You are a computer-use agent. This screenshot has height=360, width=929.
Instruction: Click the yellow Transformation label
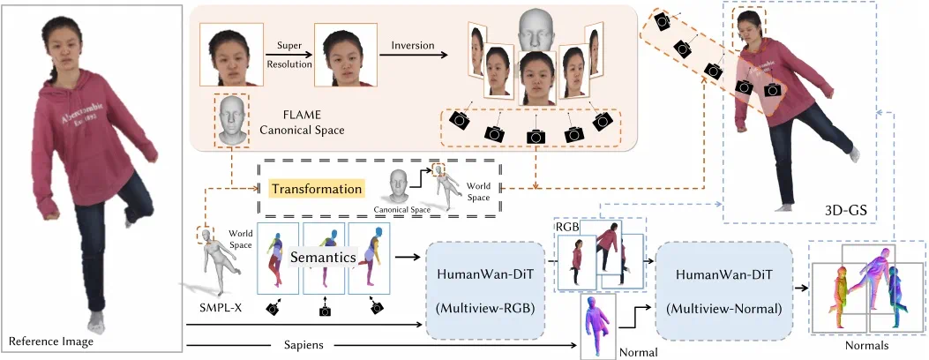(317, 189)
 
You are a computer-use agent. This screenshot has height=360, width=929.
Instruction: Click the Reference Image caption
(44, 341)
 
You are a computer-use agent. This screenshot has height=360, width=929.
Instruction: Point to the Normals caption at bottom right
(867, 347)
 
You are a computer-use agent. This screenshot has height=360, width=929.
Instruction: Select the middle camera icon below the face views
(536, 135)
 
